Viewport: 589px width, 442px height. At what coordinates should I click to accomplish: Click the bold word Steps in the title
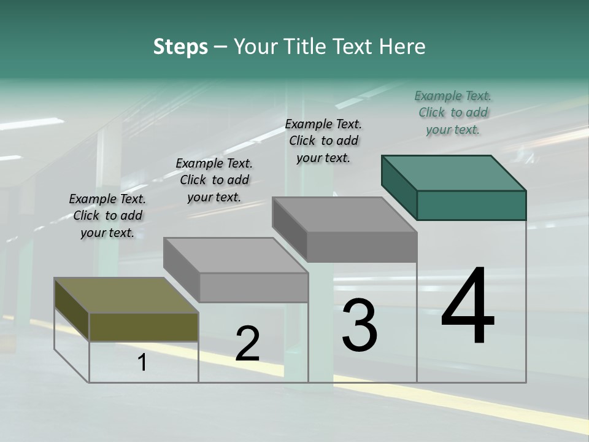(x=180, y=47)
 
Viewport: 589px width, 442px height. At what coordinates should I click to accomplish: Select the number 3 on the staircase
(x=359, y=325)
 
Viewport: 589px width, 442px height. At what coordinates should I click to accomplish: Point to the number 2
(x=247, y=344)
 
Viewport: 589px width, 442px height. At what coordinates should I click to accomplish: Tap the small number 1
(x=142, y=363)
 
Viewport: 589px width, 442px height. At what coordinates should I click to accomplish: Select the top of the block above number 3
(x=344, y=215)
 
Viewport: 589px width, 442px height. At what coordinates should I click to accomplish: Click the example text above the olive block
(x=107, y=215)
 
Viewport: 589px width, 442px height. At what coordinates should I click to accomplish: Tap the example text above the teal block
(x=453, y=112)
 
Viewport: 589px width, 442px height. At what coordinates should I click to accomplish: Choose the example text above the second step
(x=214, y=180)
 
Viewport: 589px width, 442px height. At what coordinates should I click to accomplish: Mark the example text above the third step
(x=323, y=141)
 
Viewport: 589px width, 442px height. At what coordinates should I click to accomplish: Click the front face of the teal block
(x=471, y=205)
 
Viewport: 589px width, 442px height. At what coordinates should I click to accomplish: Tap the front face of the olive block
(x=144, y=327)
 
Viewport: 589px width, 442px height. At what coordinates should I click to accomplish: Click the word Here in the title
(x=402, y=47)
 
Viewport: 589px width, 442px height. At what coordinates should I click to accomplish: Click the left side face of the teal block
(x=399, y=187)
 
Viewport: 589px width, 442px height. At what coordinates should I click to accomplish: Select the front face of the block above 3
(x=362, y=247)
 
